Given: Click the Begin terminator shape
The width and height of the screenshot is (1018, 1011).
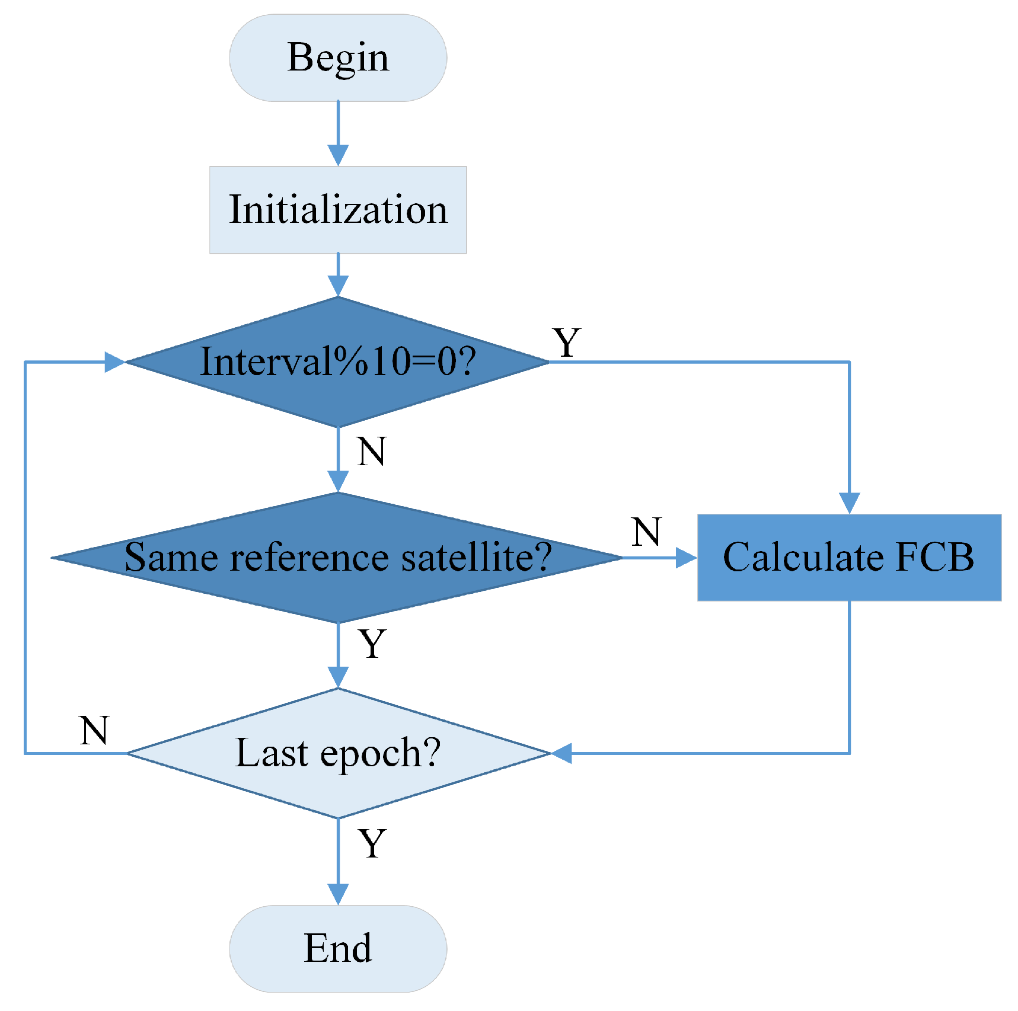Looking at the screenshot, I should coord(337,58).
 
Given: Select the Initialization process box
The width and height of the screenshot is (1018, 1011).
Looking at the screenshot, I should coord(337,210).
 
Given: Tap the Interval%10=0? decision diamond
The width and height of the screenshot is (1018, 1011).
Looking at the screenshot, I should coord(337,361).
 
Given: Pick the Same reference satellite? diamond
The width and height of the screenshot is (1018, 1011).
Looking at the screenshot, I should coord(337,557).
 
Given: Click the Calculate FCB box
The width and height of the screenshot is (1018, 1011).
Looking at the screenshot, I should coord(848,557).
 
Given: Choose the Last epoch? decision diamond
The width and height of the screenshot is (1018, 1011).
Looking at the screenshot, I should coord(337,753).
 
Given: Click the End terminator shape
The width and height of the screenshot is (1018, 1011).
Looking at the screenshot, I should coord(337,948).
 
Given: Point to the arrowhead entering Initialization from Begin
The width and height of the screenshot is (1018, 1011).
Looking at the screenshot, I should coord(338,155).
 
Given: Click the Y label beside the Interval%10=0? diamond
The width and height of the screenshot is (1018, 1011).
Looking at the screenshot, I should coord(567,343).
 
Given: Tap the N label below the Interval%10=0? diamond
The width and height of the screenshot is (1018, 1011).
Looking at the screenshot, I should coord(372,452).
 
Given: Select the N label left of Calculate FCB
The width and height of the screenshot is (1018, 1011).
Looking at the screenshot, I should coord(646,532).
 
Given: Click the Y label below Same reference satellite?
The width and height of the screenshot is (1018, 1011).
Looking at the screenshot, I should coord(372,644).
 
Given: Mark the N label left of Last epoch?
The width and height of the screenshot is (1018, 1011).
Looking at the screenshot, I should coord(94,730).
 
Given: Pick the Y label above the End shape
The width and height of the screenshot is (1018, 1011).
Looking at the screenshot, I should coord(372,844).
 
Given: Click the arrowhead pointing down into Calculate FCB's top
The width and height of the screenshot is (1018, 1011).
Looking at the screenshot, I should coord(849,503).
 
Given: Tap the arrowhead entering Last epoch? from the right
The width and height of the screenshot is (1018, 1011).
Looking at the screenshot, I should coord(561,753).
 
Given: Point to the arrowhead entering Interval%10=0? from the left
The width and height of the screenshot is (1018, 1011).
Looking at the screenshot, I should coord(114,361).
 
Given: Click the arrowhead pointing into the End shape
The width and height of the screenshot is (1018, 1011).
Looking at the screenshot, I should coord(338,894).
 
